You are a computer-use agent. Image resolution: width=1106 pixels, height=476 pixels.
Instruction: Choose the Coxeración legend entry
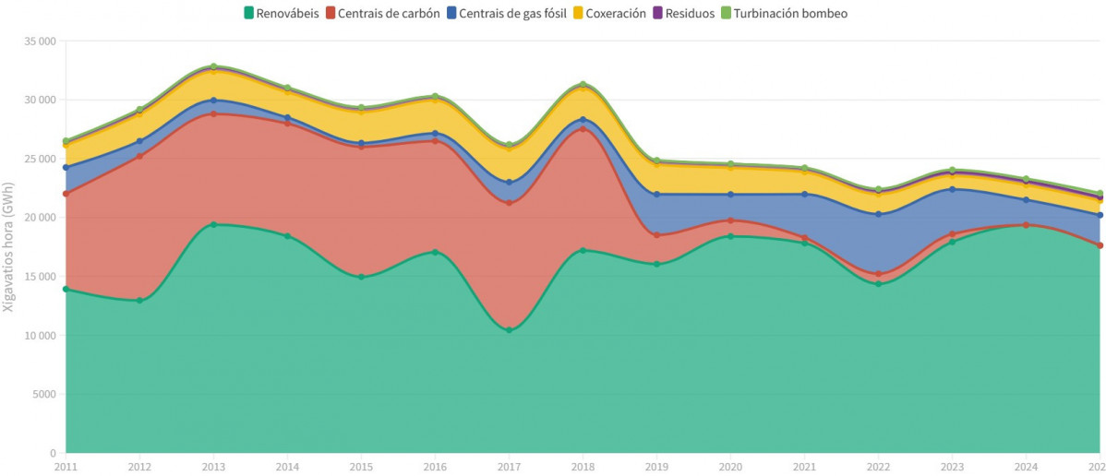(609, 13)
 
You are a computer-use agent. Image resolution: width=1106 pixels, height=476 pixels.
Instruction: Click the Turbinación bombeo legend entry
(783, 13)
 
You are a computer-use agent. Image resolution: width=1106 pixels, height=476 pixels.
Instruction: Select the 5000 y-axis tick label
(42, 395)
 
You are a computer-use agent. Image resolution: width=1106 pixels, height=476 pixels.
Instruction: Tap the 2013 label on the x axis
(213, 467)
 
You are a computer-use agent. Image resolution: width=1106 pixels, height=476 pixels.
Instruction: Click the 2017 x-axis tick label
(509, 467)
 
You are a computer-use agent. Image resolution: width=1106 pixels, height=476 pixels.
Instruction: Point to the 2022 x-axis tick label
(878, 467)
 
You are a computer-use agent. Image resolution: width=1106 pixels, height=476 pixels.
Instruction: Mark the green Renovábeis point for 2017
(509, 330)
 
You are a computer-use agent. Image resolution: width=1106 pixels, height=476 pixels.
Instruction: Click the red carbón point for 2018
(583, 129)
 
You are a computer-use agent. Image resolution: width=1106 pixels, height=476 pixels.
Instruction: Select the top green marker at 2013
(213, 66)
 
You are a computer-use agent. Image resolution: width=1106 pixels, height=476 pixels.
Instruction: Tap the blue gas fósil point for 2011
(66, 168)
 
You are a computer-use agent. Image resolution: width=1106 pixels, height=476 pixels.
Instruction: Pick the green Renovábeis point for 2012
(139, 300)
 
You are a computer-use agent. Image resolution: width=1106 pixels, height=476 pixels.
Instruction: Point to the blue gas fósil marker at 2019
(656, 195)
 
